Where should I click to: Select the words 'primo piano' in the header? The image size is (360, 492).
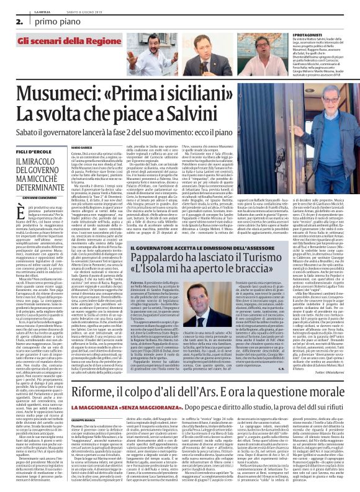point(44,20)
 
